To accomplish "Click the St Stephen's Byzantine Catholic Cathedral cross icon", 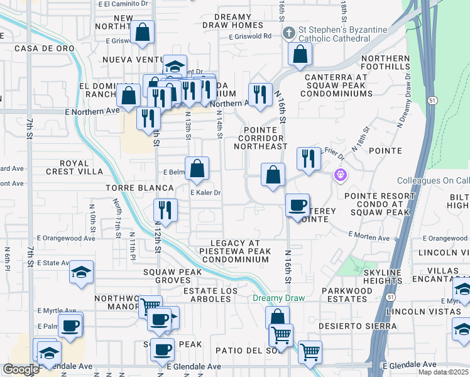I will [x=288, y=33].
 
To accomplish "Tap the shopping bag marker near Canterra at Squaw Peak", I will [x=300, y=55].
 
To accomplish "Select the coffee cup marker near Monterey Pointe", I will [x=297, y=204].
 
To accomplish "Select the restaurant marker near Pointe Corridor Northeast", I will [x=307, y=158].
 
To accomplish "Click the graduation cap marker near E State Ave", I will [x=81, y=272].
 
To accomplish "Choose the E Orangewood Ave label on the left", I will [x=66, y=238].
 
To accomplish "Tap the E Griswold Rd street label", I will [x=250, y=36].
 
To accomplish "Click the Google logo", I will [x=21, y=369].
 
